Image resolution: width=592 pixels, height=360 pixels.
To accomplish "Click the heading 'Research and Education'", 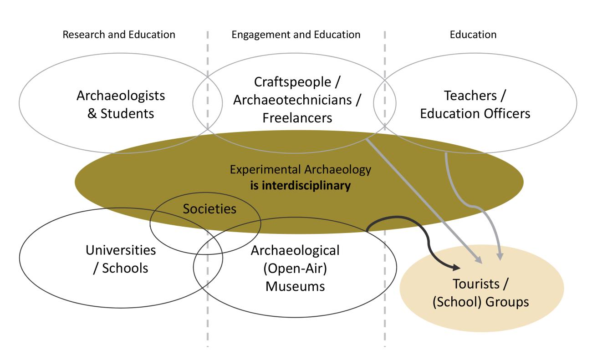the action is point(119,35).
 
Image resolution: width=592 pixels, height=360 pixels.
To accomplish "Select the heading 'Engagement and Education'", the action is point(296,35).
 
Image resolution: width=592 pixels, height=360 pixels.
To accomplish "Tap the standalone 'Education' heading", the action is point(473,35).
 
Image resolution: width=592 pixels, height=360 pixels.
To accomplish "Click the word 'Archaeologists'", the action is point(121,96).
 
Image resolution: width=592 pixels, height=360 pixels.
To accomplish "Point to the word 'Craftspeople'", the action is point(292,82).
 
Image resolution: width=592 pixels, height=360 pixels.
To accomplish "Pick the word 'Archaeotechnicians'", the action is point(292,100).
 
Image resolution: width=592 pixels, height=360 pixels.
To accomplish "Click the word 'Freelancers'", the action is point(297,118).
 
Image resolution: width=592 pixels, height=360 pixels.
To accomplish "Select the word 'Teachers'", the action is point(470,96).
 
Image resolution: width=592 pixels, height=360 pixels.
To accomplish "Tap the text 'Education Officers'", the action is point(475,114).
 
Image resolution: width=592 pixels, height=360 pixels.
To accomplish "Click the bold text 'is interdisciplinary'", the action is point(301,185).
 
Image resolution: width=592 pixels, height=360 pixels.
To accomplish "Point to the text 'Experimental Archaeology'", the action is point(301,170).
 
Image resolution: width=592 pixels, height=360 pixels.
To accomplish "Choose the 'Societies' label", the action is point(209,209).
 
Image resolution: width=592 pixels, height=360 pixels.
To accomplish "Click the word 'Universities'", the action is point(121,250).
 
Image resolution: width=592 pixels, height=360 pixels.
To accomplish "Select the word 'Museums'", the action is point(295,286).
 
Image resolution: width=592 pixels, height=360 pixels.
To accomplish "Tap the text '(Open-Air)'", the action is point(295,269).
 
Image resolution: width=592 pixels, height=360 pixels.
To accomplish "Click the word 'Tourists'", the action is point(476,284).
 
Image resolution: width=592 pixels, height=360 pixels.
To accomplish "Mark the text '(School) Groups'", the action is point(481,302).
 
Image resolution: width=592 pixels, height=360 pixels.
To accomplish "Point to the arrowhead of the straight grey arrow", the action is point(479,259).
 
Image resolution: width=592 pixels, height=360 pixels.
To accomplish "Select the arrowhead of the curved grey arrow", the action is point(500,257).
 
